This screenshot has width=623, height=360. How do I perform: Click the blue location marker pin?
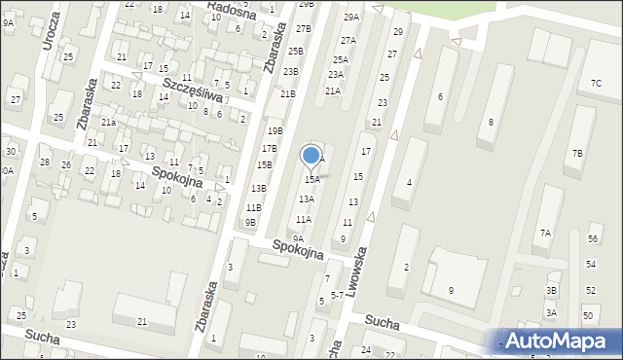pos(311,156)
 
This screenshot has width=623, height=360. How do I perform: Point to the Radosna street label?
pos(234,12)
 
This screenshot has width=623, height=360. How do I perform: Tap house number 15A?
pos(311,180)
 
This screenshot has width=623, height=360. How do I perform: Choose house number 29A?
pos(351,18)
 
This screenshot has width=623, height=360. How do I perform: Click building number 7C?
pos(596,84)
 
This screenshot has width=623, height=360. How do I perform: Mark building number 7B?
pos(577,153)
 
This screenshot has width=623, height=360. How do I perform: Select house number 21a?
pos(108,122)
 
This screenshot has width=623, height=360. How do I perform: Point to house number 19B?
pos(275,130)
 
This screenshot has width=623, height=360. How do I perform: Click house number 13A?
pos(306,198)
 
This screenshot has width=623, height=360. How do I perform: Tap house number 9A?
pos(299,238)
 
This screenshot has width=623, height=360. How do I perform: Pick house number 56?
pos(593,239)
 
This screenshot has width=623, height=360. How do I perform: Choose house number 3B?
pos(551,291)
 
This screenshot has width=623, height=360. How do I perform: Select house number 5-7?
pos(337,293)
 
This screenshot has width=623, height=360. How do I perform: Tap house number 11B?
pos(253,207)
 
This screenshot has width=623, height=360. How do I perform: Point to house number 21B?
pos(287,93)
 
